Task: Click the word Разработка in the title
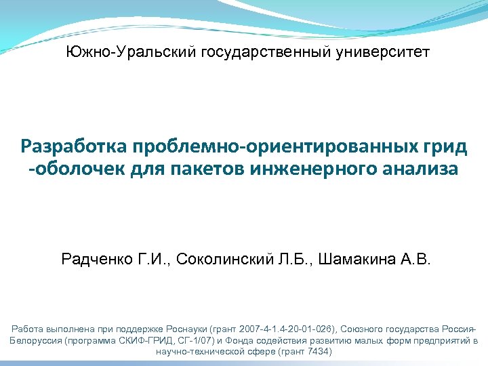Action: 75,146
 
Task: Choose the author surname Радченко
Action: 94,259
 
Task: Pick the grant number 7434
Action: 315,352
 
